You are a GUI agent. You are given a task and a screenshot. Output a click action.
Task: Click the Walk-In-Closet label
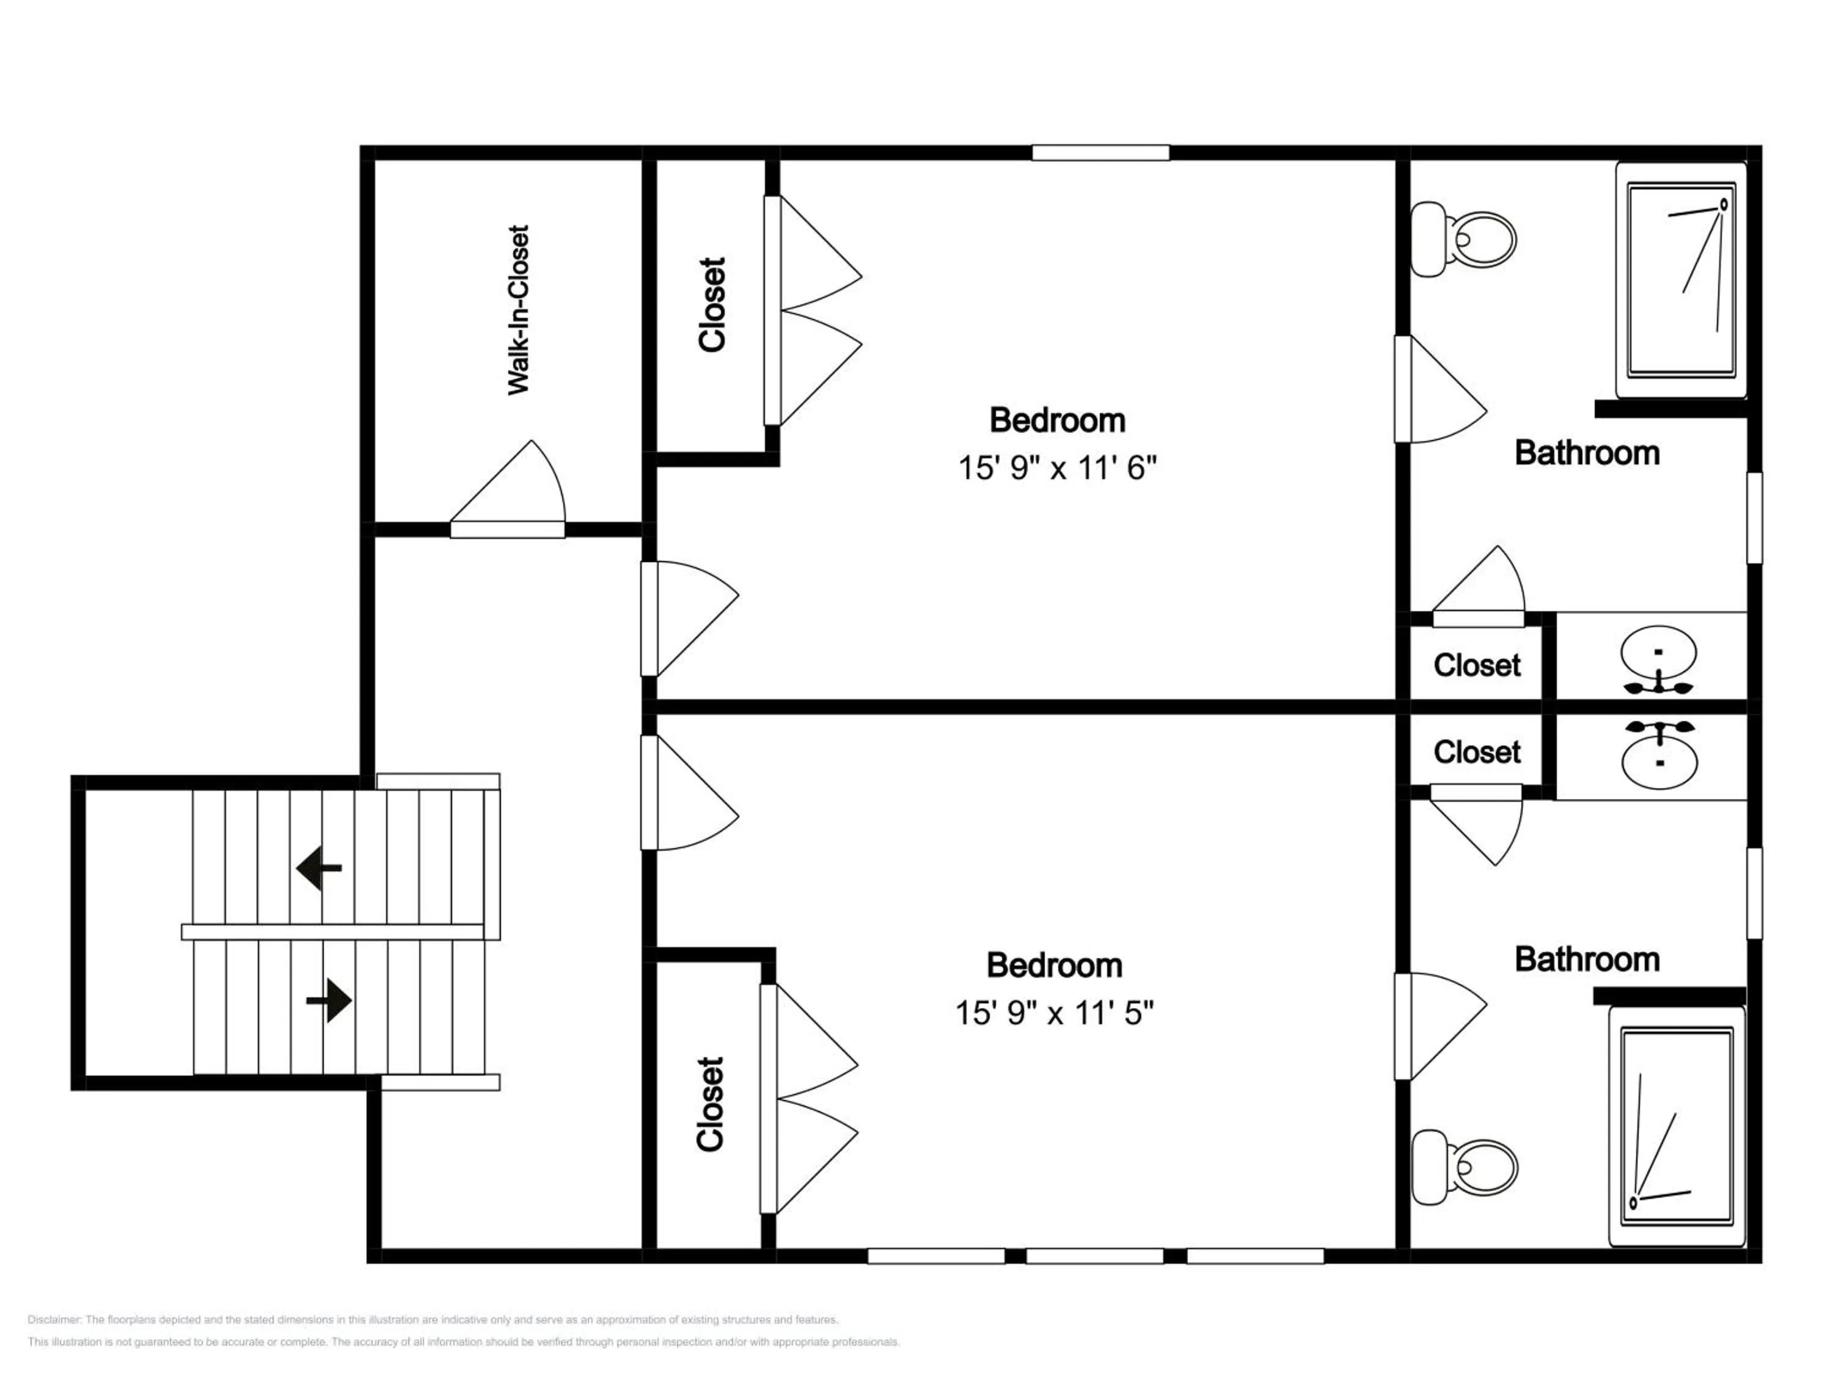point(518,309)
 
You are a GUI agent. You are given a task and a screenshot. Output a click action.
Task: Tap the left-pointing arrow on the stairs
point(319,868)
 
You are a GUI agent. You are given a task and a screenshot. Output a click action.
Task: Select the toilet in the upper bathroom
point(1463,240)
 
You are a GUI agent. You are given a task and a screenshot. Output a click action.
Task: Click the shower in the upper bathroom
point(1680,280)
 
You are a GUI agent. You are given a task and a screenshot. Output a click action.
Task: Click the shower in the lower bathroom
point(1677,1126)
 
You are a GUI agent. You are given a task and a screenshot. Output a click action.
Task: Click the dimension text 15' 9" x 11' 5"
point(1054,1013)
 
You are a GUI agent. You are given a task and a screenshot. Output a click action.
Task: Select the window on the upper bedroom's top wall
point(1100,153)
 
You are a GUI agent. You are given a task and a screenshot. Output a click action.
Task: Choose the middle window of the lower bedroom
point(1095,1256)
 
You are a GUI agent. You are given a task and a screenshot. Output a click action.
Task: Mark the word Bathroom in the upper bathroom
point(1587,453)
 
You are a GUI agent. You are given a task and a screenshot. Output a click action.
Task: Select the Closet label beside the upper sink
point(1477,665)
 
